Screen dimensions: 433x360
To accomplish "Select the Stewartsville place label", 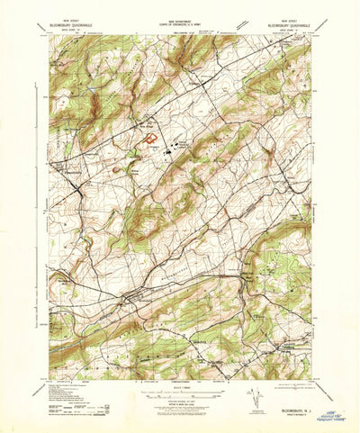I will tap(69, 166).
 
